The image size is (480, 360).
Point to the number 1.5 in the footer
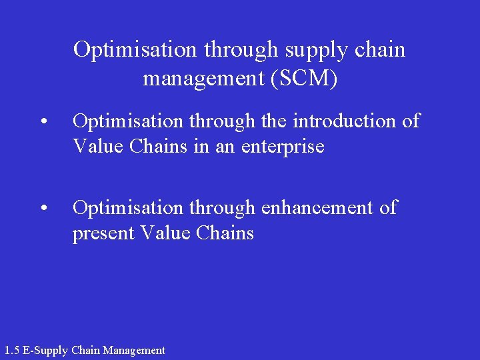click(12, 350)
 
